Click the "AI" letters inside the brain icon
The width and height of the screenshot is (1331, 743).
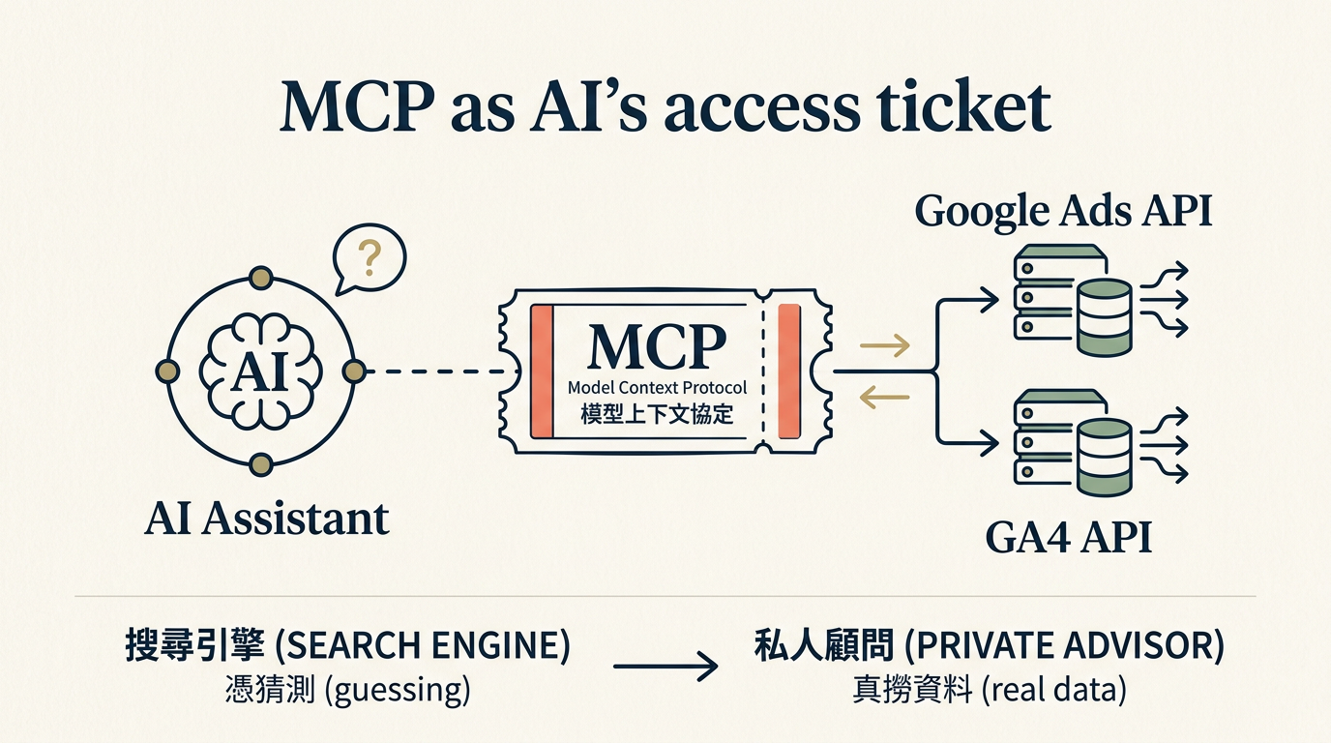point(259,371)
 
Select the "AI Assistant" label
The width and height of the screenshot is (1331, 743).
point(267,520)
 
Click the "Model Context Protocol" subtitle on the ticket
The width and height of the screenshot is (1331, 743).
point(657,388)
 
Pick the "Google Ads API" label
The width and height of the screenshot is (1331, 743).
point(1063,211)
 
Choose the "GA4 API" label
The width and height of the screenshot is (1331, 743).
point(1069,538)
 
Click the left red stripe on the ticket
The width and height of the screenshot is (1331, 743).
point(541,371)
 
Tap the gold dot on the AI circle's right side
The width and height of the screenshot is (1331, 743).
point(354,371)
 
